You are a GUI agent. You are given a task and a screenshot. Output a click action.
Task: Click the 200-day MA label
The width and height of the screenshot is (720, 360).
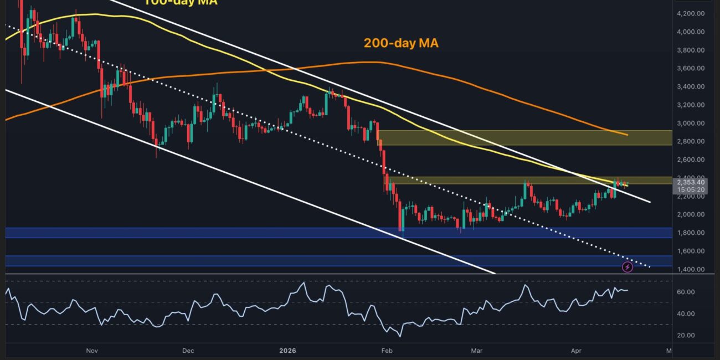[x=401, y=43]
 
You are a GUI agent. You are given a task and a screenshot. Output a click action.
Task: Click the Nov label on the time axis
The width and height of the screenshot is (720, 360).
[x=92, y=351]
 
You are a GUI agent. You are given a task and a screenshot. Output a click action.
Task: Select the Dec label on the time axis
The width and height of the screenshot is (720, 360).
[x=188, y=351]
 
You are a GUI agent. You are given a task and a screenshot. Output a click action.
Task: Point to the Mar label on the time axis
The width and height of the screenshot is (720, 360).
[x=476, y=351]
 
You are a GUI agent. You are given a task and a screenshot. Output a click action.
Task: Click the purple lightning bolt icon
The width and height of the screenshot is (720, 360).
[x=628, y=268]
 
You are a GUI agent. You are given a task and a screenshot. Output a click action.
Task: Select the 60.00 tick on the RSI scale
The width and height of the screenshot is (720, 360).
[x=686, y=292]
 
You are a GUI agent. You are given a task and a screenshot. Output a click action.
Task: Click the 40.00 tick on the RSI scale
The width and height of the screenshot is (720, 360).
[x=686, y=313]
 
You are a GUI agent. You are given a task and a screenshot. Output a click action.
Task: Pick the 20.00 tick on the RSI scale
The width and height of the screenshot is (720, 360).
[x=686, y=335]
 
